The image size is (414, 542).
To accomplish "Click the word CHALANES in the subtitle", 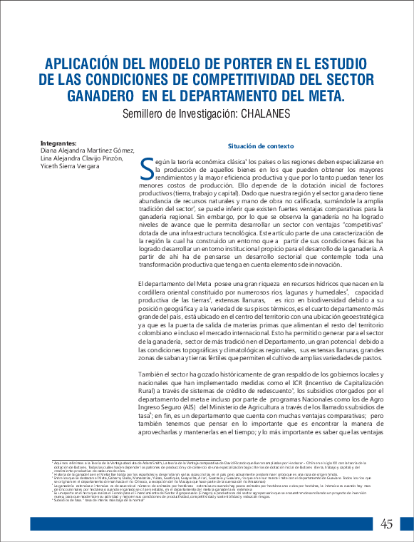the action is [266, 113].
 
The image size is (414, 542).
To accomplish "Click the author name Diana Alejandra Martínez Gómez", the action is [88, 150].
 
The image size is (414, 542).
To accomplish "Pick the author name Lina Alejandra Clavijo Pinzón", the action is [85, 158].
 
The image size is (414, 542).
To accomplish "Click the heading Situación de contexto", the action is [260, 145].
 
